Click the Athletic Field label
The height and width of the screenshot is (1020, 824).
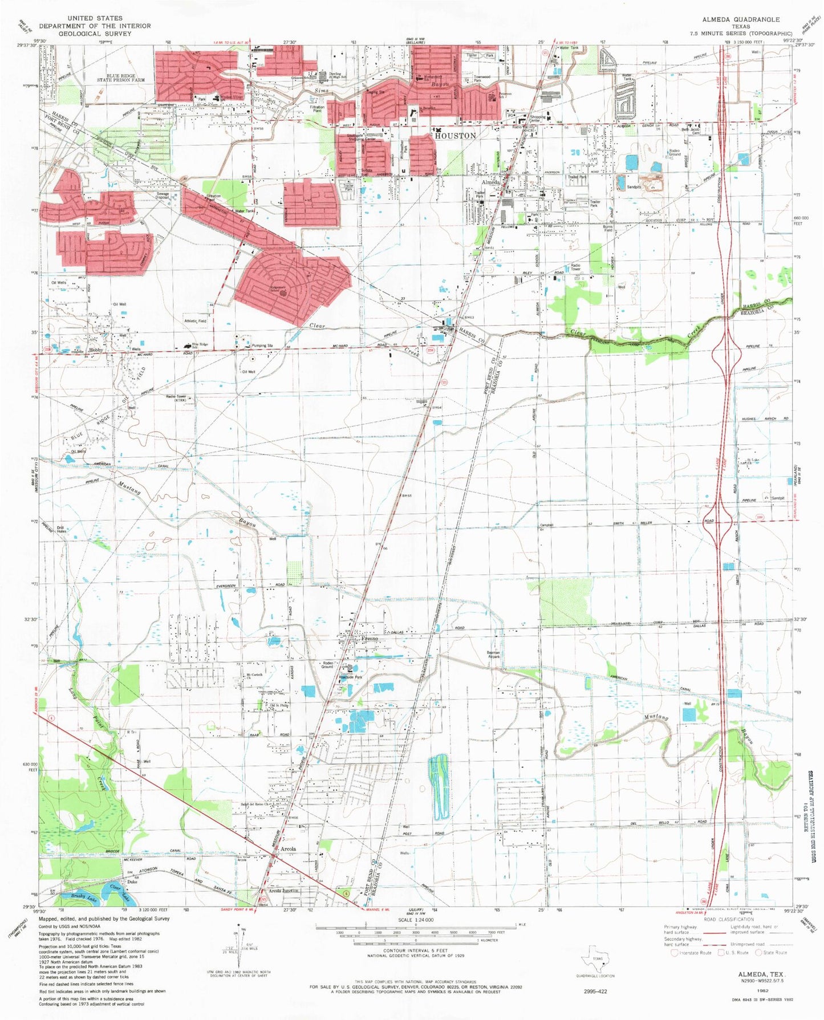[195, 321]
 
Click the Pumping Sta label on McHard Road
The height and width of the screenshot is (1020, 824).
[262, 346]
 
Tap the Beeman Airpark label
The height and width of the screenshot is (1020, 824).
[493, 655]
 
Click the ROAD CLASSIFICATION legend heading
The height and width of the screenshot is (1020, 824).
[728, 919]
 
